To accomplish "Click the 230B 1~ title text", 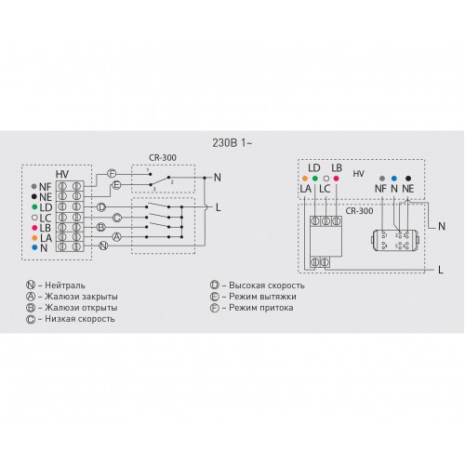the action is point(232,143).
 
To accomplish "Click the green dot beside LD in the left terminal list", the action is point(34,207).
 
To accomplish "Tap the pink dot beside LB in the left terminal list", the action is point(34,228).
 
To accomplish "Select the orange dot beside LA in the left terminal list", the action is point(34,238).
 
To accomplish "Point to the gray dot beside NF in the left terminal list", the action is point(34,187).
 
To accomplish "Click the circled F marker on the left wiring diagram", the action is point(112,174).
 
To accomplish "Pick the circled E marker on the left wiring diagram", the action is point(116,185).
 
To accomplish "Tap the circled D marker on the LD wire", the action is point(101,207).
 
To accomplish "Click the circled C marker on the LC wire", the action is point(116,218).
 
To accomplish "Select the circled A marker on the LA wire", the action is point(116,237).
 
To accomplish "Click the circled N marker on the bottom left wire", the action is point(103,246).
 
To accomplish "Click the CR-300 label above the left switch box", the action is point(163,157).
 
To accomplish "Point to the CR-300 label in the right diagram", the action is point(359,211).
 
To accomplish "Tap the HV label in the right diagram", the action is point(358,174).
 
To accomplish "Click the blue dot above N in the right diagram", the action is point(394,179).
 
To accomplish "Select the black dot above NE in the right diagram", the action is point(408,179).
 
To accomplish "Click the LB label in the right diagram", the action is point(337,168).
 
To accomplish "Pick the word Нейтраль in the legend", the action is point(65,286).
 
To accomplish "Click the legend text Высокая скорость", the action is point(267,286).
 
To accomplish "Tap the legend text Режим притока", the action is point(261,308).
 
